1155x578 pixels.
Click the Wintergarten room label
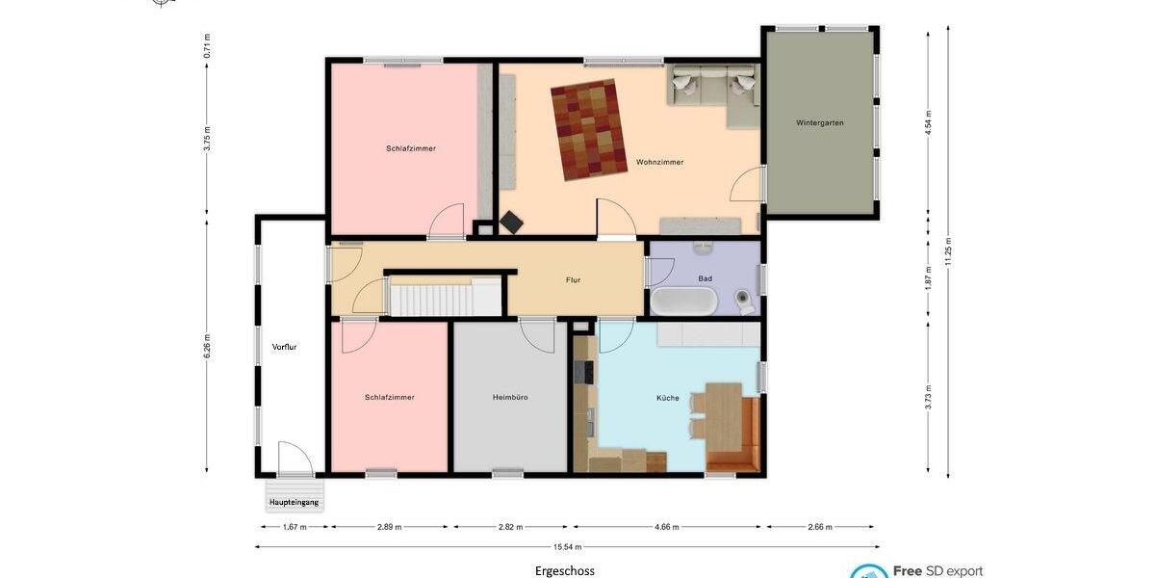[x=820, y=122]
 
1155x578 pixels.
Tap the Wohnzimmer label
[x=659, y=162]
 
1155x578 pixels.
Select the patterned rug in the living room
[x=589, y=129]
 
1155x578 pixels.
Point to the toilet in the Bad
[x=745, y=302]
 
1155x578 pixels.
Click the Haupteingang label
[x=294, y=502]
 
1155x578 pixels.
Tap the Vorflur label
[x=284, y=347]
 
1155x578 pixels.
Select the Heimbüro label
[x=510, y=397]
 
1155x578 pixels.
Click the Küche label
[x=668, y=397]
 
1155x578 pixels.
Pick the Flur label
[x=573, y=280]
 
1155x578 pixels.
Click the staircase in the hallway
[x=446, y=296]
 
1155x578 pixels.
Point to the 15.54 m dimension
[x=566, y=546]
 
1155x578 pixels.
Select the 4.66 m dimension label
[x=667, y=527]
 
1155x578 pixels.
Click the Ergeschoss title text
[x=565, y=570]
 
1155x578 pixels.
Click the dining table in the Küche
[x=724, y=414]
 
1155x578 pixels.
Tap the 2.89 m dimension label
[x=389, y=527]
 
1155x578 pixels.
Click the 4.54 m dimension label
[x=928, y=124]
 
